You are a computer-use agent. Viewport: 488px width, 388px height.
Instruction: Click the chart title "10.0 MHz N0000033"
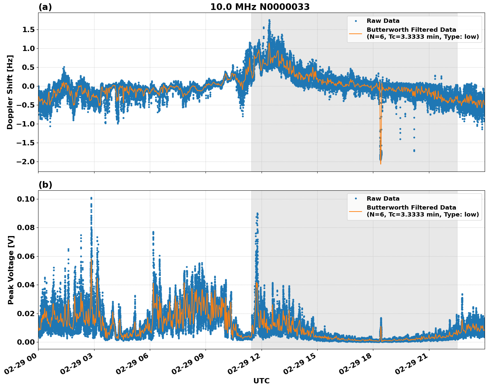coord(260,7)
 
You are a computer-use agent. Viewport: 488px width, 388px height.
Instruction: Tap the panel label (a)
coord(45,7)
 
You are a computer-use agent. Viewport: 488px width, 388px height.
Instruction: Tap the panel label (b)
coord(45,185)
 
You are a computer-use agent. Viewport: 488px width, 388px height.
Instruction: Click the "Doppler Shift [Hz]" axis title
coord(10,92)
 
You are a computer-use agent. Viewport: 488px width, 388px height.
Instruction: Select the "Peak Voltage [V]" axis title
coord(11,270)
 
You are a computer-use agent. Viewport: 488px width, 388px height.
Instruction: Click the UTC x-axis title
coord(261,381)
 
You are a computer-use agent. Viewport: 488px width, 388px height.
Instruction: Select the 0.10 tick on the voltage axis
coord(26,199)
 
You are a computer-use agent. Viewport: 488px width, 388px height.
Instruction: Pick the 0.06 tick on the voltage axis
coord(26,256)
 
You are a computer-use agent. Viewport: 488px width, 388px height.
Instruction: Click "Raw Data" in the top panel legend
coord(383,21)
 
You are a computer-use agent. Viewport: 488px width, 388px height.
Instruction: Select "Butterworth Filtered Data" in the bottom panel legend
coord(411,208)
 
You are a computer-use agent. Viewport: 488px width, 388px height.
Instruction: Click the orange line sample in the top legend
coord(355,33)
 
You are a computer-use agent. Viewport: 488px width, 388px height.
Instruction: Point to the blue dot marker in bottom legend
coord(355,199)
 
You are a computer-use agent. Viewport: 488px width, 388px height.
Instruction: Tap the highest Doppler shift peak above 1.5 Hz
coord(269,21)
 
